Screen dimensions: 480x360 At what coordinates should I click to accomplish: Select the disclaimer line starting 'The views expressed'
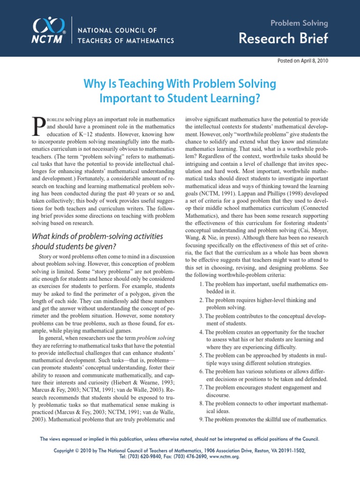click(180, 439)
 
